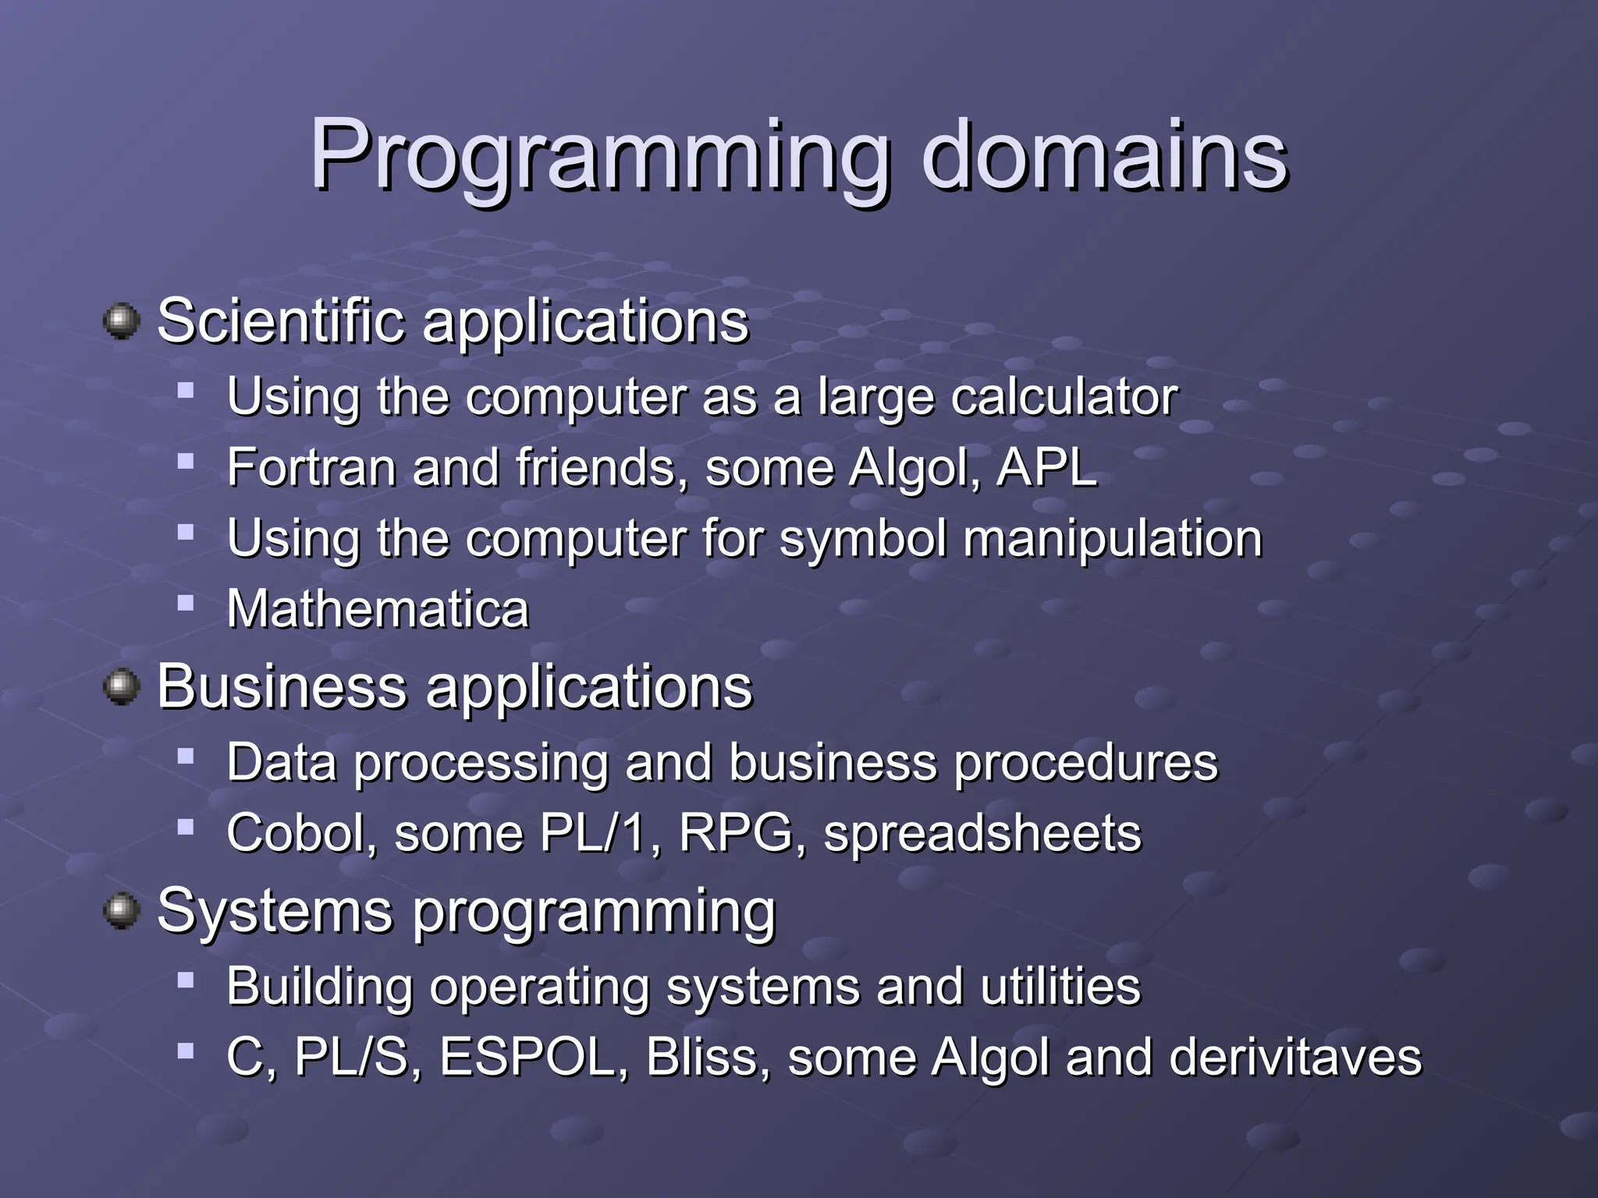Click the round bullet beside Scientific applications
tap(121, 321)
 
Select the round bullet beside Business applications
tap(121, 687)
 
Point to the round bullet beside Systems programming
tap(121, 911)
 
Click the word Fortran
tap(311, 468)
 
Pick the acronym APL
tap(1047, 468)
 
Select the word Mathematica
tap(378, 608)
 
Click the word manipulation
tap(1112, 539)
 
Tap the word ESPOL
tap(527, 1057)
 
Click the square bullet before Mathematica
tap(185, 603)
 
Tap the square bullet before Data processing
tap(185, 756)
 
